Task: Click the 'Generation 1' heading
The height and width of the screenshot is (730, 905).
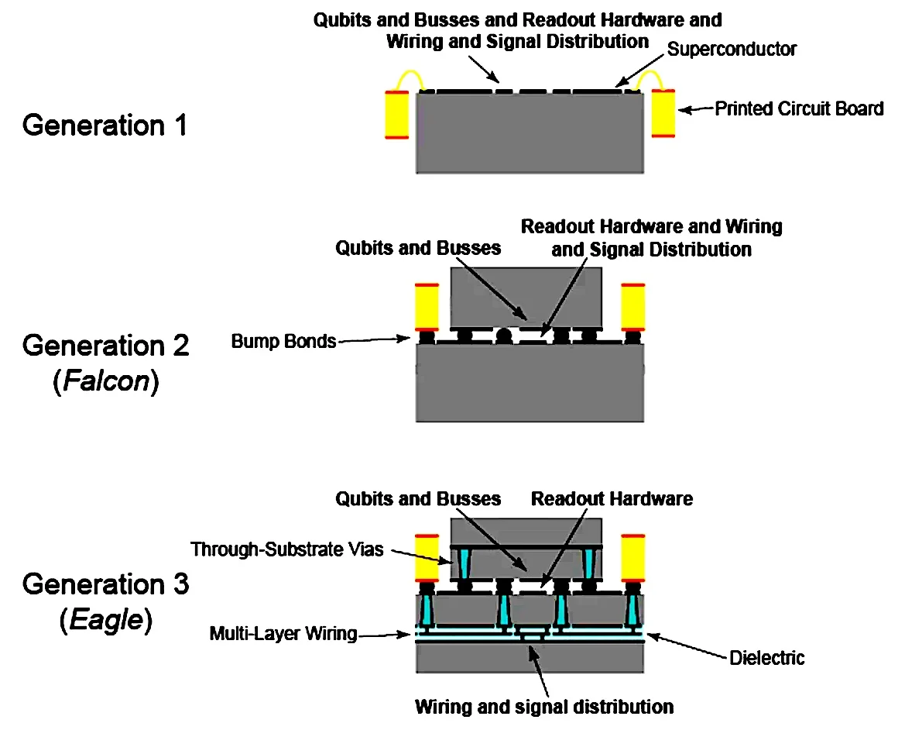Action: click(x=105, y=126)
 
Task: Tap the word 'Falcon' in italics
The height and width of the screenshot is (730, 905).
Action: click(x=106, y=381)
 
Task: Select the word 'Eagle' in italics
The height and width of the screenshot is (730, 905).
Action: click(x=106, y=620)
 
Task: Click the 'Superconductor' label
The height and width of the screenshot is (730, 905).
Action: click(x=732, y=50)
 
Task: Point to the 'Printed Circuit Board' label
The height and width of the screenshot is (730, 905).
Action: click(x=800, y=108)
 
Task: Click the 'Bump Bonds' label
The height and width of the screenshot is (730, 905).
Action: click(x=283, y=341)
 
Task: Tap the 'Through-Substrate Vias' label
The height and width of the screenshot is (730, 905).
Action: click(x=287, y=549)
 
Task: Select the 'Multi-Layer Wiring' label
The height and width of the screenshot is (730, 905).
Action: click(x=283, y=634)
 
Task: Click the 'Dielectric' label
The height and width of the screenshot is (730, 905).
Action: click(x=767, y=658)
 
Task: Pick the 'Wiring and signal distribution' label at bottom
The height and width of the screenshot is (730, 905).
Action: click(x=544, y=707)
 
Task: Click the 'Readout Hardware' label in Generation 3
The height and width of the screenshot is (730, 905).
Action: click(x=612, y=498)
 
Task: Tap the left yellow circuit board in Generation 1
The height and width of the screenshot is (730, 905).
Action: click(x=397, y=115)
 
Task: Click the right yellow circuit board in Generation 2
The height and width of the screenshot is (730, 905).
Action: click(x=633, y=307)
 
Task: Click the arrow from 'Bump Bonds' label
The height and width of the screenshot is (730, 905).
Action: click(x=374, y=339)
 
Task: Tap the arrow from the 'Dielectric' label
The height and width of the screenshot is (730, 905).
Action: click(x=687, y=646)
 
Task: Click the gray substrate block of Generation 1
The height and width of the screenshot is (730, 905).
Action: click(x=530, y=133)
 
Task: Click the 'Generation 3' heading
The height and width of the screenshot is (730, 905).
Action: click(x=105, y=584)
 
